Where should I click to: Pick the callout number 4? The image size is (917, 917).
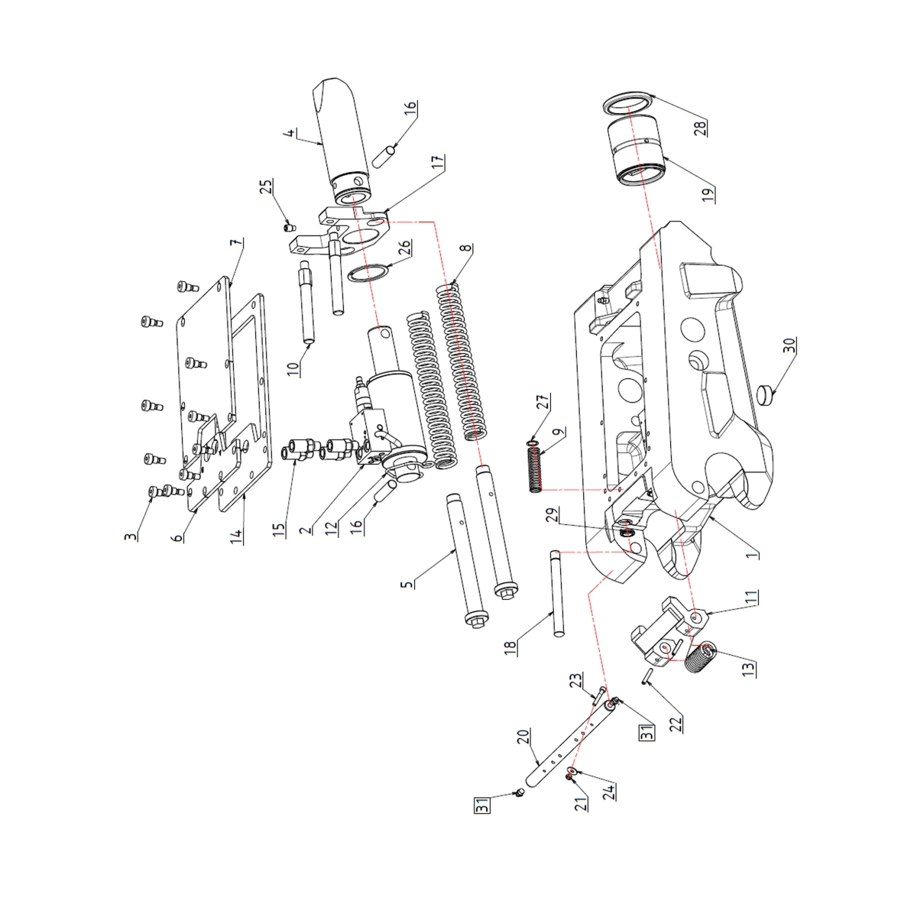pos(290,137)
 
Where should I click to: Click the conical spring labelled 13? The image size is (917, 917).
pos(701,659)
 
